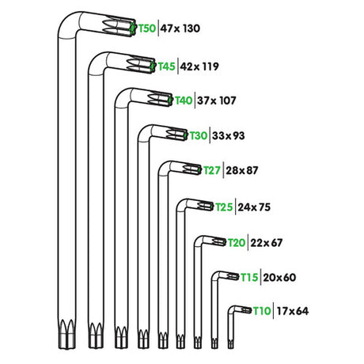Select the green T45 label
point(166,66)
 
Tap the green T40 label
point(184,100)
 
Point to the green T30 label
point(198,136)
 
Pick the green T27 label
point(212,170)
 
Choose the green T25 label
point(225,207)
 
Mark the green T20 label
point(237,242)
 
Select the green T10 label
point(263,311)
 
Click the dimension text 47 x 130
point(180,28)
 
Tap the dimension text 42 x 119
point(199,66)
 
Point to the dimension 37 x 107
point(217,100)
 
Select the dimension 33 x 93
point(229,136)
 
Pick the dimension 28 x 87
point(242,170)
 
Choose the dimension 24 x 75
point(255,207)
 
